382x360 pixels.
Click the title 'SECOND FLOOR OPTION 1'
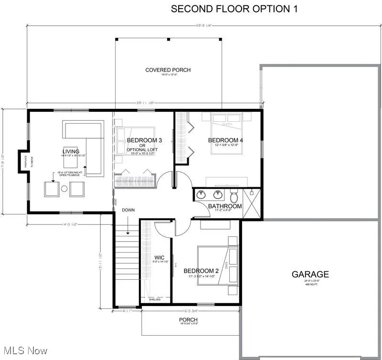click(234, 9)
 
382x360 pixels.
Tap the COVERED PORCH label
click(168, 70)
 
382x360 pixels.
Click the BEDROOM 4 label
click(226, 140)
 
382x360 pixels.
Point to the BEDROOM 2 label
click(202, 271)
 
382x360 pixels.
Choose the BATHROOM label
click(225, 206)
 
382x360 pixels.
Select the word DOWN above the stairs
click(128, 210)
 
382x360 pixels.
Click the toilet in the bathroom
click(234, 196)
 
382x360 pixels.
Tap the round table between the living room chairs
click(64, 189)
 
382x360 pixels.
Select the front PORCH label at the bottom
click(188, 319)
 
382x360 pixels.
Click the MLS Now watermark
click(24, 351)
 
